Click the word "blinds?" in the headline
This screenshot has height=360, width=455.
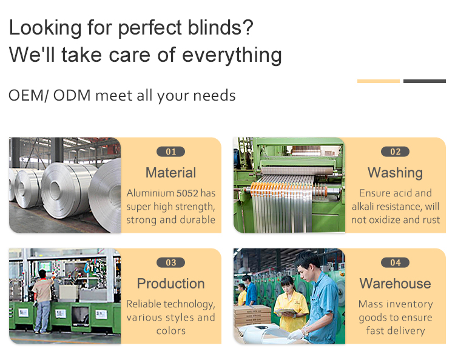[221, 27]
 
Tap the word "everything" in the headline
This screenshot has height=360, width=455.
[232, 55]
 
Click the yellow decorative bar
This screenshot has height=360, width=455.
[379, 81]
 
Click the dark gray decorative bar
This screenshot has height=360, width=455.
[425, 81]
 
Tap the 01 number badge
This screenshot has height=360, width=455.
[170, 152]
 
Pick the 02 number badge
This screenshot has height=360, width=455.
[395, 152]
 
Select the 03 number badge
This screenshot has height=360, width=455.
[170, 262]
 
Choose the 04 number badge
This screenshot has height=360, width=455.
[395, 262]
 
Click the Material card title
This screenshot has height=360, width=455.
[170, 173]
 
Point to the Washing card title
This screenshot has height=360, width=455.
[395, 173]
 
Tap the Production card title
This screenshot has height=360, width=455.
[170, 284]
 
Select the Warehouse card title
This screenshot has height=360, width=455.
[395, 284]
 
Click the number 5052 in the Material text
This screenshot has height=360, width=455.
[187, 193]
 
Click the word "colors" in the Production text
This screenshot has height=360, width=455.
[171, 331]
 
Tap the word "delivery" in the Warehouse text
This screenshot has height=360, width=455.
[409, 331]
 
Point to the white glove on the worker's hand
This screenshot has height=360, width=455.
[296, 335]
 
